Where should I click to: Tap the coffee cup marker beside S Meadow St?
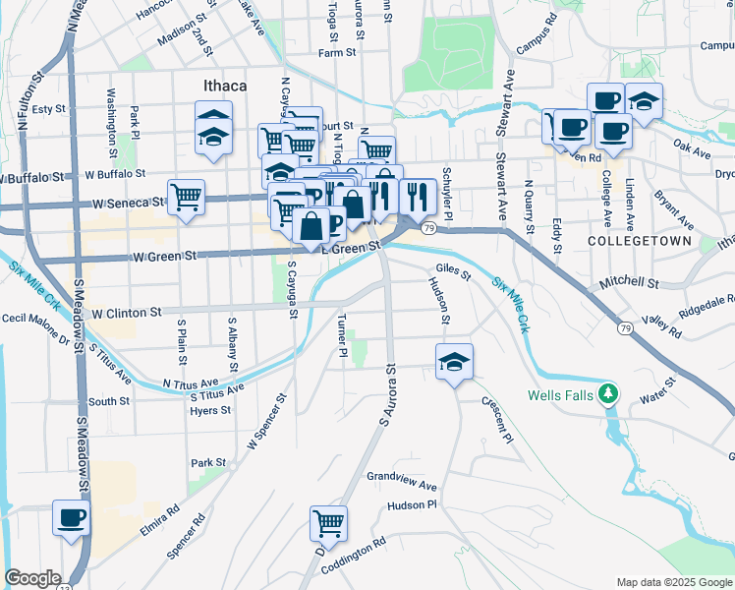(72, 517)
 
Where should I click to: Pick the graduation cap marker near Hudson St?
(454, 363)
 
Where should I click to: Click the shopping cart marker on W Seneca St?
(186, 197)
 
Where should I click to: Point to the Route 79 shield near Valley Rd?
(625, 328)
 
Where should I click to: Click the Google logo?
(32, 578)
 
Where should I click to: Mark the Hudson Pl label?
(410, 504)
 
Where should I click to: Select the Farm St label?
(335, 53)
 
